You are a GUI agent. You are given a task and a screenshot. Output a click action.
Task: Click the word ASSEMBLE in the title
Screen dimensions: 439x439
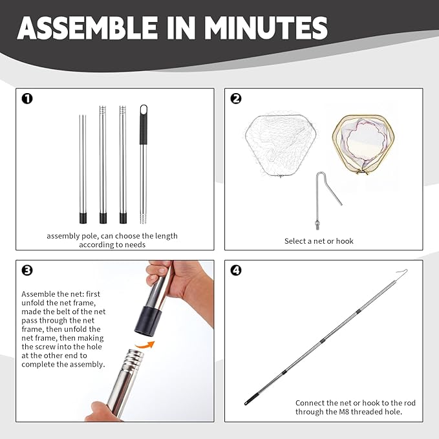[87, 28]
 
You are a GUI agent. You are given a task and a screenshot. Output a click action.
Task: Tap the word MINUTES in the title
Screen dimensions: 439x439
[266, 28]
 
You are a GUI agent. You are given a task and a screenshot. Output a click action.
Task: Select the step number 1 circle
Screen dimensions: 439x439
[27, 98]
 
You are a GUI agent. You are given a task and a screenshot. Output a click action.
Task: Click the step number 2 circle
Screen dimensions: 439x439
[236, 98]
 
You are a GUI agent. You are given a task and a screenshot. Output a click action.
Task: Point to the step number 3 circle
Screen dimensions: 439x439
[27, 270]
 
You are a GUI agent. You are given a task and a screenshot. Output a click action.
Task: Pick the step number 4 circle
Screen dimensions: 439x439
[236, 270]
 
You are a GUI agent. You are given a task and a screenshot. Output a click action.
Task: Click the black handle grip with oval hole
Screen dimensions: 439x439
[144, 125]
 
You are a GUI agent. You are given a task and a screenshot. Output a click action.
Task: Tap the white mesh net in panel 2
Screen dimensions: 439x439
[280, 144]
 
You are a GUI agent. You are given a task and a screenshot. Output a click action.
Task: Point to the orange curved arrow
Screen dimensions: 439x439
[145, 345]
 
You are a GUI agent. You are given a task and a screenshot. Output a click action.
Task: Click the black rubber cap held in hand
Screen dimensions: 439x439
[149, 321]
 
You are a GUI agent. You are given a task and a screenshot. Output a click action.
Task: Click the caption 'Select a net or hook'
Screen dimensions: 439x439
[319, 241]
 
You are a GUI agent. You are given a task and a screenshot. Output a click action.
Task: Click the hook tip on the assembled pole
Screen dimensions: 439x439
[406, 270]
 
